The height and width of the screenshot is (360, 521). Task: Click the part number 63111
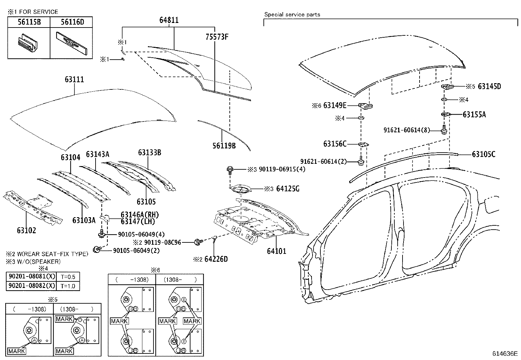tap(74, 80)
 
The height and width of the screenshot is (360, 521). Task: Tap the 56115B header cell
tap(29, 22)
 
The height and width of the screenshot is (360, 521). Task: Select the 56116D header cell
tap(71, 22)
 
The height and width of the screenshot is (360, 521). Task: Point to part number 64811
tap(169, 20)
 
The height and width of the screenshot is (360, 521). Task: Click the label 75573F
tap(217, 37)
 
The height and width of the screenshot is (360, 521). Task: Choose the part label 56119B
tap(224, 146)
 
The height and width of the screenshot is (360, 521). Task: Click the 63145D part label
tap(489, 86)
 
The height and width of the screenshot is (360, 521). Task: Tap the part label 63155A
tap(474, 115)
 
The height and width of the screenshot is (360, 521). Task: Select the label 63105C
tap(484, 154)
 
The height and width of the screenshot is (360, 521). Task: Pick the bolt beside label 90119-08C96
tap(198, 242)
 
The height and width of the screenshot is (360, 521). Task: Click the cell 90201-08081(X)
tap(32, 277)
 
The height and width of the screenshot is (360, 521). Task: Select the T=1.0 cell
tap(68, 286)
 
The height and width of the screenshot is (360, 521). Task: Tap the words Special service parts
tap(292, 14)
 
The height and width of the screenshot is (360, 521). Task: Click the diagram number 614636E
tap(505, 353)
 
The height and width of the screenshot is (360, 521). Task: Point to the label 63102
tap(27, 231)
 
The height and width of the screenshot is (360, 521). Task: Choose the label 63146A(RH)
tap(140, 215)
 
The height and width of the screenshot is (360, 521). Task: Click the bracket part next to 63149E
tap(366, 106)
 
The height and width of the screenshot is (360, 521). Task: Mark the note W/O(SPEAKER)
tap(33, 262)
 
